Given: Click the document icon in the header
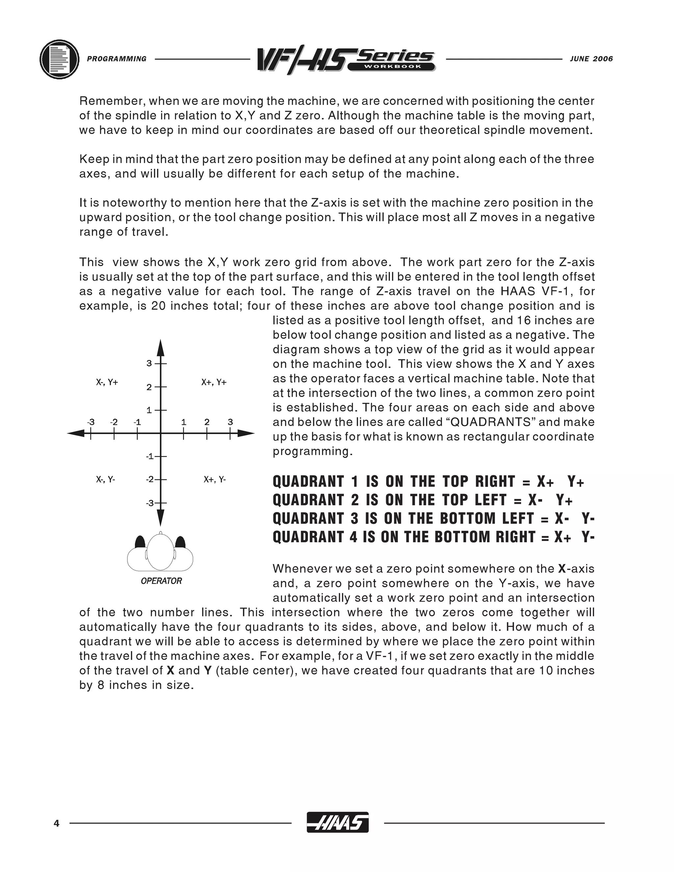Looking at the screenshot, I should tap(59, 59).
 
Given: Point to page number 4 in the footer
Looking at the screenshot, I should tap(56, 823).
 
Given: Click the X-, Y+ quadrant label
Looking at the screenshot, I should tap(107, 382).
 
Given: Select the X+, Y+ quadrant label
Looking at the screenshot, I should tap(214, 382).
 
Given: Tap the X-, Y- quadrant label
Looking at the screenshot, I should tap(105, 479).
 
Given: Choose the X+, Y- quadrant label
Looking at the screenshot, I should tap(215, 479).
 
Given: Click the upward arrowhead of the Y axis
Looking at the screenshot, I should tap(160, 348).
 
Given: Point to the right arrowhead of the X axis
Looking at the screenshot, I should tap(246, 433).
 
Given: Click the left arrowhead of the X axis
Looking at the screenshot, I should tap(76, 433).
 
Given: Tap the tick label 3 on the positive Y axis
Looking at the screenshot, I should tap(149, 363).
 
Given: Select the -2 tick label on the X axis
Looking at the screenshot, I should tap(114, 422).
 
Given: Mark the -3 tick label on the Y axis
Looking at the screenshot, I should tap(150, 503).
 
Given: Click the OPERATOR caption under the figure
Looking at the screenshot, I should tap(161, 581).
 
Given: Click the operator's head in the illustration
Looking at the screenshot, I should tap(161, 552).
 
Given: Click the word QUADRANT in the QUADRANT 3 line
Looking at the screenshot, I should tap(308, 518).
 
